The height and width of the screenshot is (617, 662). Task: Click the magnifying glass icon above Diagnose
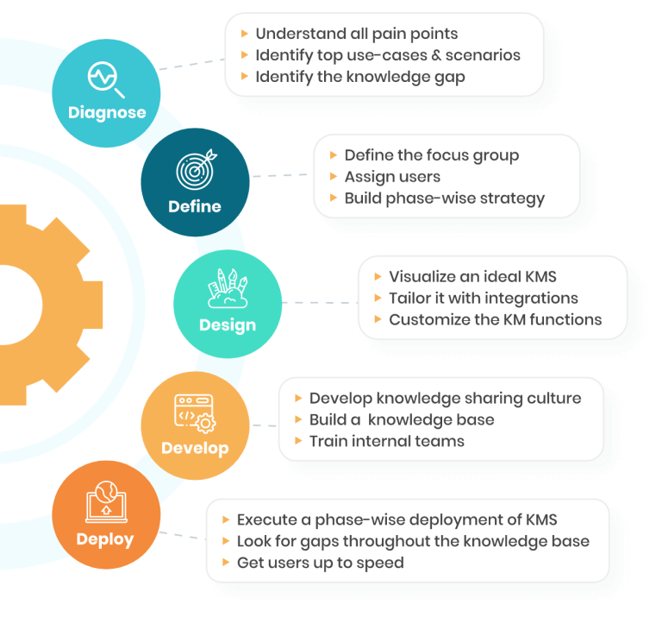click(107, 80)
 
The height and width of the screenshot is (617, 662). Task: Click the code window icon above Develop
click(195, 412)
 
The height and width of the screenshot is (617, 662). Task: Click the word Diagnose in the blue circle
click(107, 112)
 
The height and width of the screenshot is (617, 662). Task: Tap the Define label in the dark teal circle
click(195, 206)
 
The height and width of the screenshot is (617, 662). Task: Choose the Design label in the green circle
click(228, 325)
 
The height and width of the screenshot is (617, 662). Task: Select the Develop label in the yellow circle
click(195, 448)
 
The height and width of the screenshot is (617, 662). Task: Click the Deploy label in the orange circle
click(105, 539)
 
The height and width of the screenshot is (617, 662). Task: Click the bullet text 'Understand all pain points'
click(356, 34)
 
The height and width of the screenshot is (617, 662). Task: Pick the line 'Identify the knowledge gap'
click(359, 77)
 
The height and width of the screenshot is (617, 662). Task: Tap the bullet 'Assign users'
click(392, 177)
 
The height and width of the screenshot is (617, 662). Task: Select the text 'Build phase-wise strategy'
click(444, 198)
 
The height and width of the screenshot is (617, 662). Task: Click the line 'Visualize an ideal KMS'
click(472, 277)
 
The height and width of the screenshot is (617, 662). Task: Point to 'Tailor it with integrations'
click(483, 299)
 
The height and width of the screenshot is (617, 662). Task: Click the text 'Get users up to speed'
click(320, 563)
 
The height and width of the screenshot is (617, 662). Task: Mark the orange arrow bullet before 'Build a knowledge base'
click(298, 420)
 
